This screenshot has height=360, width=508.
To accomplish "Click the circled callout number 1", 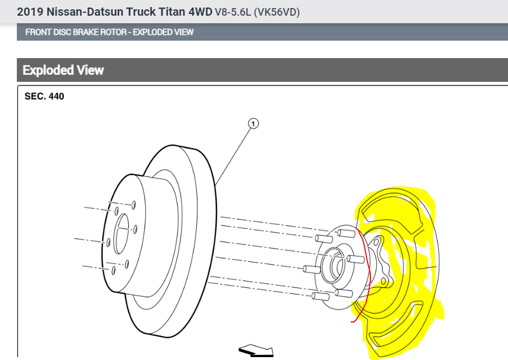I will point(253,123).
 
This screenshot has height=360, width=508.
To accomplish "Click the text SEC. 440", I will point(44,96).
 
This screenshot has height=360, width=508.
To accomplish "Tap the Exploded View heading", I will point(63,70).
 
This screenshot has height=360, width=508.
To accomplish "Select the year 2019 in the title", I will point(28,12).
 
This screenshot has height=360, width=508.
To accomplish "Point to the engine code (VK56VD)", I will point(277,12).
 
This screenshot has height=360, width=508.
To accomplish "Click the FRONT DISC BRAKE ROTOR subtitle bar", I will point(109,32).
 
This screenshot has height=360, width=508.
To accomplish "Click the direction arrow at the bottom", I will point(256,350).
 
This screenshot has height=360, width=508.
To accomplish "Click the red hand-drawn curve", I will point(363,273).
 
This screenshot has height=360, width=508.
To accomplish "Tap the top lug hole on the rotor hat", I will point(134,204).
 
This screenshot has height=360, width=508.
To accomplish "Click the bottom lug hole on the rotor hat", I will point(114,270).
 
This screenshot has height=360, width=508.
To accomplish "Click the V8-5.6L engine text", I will point(233,12).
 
